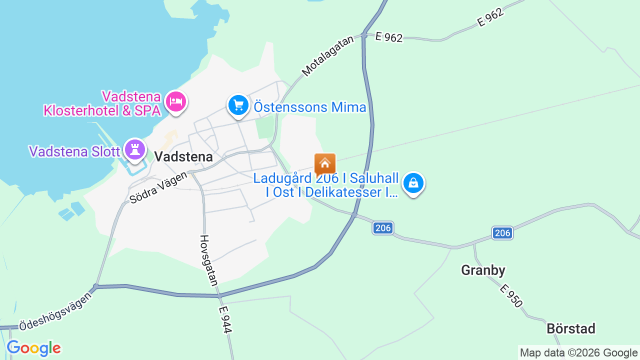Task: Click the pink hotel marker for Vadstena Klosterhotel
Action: click(x=175, y=102)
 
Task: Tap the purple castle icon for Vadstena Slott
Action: click(x=134, y=149)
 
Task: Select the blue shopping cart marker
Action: click(x=238, y=105)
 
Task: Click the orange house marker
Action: click(x=325, y=164)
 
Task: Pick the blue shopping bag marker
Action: click(x=413, y=183)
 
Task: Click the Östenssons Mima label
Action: click(x=310, y=107)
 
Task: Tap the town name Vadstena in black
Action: click(x=183, y=156)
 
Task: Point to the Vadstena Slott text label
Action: click(x=74, y=151)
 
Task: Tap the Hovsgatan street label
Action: click(x=209, y=260)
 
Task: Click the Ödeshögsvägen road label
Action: click(x=56, y=310)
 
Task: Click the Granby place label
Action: click(x=483, y=270)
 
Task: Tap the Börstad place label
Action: click(x=571, y=328)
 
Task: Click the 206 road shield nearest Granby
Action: click(x=502, y=233)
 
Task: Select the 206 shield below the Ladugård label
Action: click(x=383, y=228)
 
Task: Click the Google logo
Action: click(x=34, y=348)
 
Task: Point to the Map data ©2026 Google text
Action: click(x=578, y=353)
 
